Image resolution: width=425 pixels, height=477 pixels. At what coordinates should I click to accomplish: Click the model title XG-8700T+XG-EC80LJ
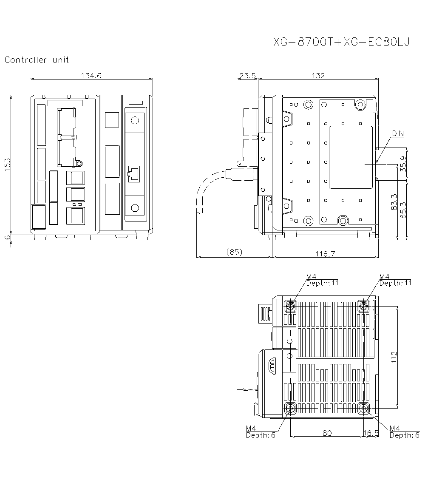[x=341, y=43]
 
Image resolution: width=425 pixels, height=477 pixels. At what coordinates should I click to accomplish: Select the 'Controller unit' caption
[x=37, y=60]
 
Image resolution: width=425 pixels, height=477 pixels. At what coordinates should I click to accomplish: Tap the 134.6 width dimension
[x=91, y=76]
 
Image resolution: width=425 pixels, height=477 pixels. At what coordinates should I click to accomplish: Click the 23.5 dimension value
[x=247, y=76]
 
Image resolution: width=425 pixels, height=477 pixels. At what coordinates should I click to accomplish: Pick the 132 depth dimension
[x=317, y=76]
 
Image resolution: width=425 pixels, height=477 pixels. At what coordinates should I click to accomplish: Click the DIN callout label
[x=398, y=133]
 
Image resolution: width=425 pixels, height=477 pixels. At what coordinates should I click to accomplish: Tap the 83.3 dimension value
[x=394, y=202]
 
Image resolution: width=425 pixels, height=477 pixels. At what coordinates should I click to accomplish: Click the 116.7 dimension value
[x=325, y=254]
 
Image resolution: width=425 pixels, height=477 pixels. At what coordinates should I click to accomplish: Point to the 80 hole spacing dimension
[x=327, y=433]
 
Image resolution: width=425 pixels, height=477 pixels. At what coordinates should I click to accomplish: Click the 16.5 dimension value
[x=371, y=433]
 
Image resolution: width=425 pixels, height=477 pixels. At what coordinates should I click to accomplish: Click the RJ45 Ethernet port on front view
[x=134, y=174]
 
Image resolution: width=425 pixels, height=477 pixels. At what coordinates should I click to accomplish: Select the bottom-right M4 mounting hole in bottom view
[x=364, y=409]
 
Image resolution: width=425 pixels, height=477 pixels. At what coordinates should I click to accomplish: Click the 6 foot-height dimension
[x=7, y=237]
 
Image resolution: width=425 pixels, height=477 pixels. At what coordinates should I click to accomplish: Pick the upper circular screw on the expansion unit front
[x=135, y=120]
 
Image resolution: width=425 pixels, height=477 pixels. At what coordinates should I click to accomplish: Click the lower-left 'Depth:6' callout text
[x=261, y=435]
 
